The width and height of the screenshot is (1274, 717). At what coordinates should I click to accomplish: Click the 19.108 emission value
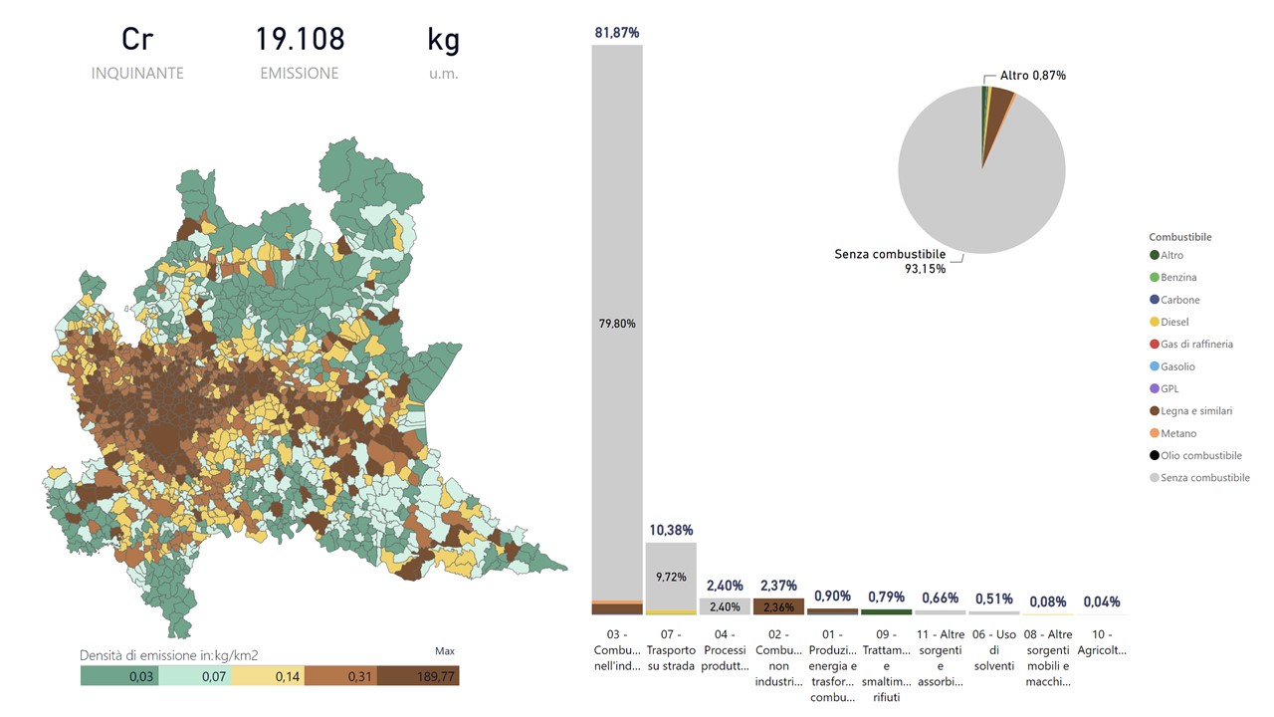pos(300,39)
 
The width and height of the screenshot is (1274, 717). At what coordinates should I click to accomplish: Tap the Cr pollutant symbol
pos(137,39)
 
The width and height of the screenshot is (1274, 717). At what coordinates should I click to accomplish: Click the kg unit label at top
pos(443,39)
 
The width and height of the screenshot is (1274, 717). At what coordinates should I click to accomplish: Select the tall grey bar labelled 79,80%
pos(617,323)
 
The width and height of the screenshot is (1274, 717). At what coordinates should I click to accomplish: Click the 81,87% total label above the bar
pos(617,33)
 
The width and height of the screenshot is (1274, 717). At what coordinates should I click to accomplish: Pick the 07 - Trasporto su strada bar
pos(671,576)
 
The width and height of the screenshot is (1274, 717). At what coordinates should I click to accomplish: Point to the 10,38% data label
pos(671,530)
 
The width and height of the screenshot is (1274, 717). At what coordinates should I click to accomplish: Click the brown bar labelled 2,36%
pos(778,607)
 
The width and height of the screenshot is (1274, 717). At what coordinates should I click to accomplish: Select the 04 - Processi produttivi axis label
pos(725,650)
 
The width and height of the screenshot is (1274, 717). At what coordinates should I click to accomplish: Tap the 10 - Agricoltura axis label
pos(1101,642)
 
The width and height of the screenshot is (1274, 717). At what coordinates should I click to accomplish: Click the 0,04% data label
pos(1101,601)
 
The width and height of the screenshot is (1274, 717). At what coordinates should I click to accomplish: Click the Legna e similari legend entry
pos(1195,410)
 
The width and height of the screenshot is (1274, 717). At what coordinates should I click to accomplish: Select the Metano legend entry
pos(1178,433)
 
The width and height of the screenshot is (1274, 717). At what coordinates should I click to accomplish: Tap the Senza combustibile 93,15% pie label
pos(890,261)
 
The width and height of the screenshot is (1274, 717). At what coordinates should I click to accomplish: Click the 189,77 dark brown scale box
pos(418,676)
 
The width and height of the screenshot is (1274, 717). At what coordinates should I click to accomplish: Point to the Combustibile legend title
pos(1179,237)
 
